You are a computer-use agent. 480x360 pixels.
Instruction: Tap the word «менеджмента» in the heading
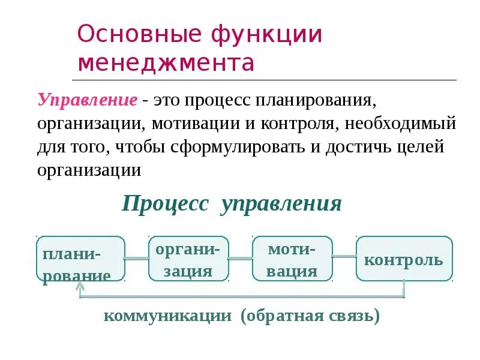click(166, 62)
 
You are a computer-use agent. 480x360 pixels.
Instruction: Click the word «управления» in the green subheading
click(281, 203)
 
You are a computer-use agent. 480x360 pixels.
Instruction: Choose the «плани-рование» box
click(81, 259)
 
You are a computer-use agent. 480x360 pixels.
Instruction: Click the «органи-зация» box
click(188, 259)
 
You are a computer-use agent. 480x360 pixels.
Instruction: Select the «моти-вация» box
click(292, 259)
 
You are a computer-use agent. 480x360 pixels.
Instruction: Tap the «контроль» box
click(404, 259)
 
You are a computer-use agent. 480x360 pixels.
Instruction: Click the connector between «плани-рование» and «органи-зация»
click(136, 259)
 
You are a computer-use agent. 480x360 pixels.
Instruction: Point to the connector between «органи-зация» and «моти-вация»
click(241, 259)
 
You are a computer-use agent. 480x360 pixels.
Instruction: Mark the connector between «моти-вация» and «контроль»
click(344, 257)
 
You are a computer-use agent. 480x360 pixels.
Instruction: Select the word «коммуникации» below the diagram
click(168, 316)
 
